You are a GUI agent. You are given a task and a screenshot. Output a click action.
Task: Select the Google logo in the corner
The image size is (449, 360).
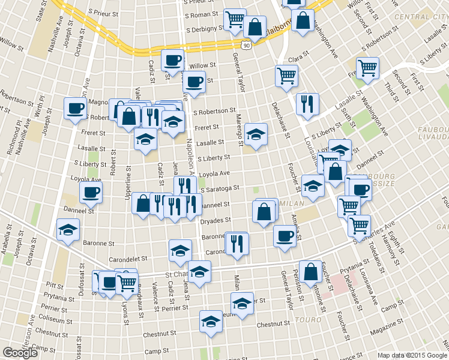[x=20, y=353]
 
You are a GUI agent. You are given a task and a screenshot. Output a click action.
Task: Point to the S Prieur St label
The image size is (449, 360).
[x=103, y=11]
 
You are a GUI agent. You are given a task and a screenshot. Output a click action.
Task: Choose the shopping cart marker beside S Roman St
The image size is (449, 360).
[x=235, y=19]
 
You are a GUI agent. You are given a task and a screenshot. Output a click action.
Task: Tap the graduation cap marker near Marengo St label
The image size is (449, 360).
[x=256, y=134]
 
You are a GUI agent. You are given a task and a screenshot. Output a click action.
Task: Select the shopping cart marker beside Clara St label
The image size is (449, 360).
[x=286, y=75]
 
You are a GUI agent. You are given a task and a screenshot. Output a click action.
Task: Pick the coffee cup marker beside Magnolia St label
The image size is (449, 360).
[x=76, y=108]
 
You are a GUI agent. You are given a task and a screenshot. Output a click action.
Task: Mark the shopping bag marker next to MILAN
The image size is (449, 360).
[x=264, y=212]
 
